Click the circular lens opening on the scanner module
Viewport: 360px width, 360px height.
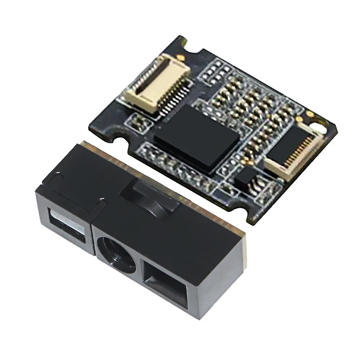tap(116, 254)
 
